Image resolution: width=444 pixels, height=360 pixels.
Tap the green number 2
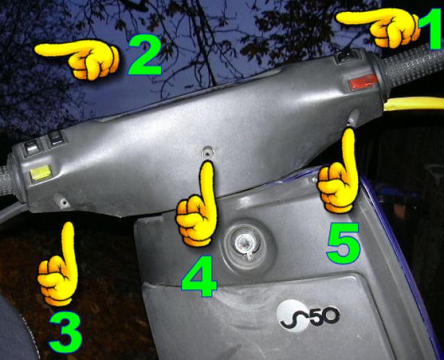tap(145, 55)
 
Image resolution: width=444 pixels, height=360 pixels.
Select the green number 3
tap(65, 332)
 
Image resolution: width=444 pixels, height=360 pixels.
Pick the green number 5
tap(343, 243)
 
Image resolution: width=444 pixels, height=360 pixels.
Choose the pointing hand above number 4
tap(196, 205)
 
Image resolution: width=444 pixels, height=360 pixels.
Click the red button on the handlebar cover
tap(363, 82)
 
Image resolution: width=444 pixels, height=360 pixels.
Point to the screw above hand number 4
tap(208, 153)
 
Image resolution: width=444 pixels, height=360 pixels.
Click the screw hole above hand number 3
tap(63, 202)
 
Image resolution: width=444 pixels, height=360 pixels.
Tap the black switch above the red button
tap(348, 56)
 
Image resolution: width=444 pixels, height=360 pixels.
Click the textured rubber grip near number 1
tap(412, 67)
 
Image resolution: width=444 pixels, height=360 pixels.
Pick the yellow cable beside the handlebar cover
tap(414, 103)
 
